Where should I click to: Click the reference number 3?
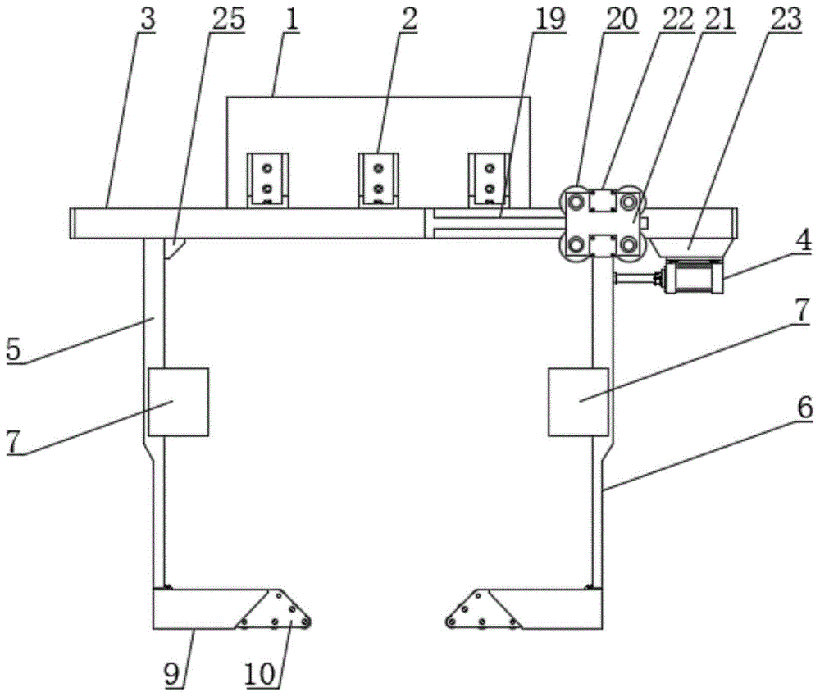148,20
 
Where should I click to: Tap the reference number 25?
228,20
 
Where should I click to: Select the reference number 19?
549,20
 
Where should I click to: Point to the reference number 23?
786,20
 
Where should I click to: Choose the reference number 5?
13,349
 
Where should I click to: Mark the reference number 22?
676,20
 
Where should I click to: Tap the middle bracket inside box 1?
378,180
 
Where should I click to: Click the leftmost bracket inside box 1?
268,180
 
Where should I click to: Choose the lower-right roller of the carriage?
629,244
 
